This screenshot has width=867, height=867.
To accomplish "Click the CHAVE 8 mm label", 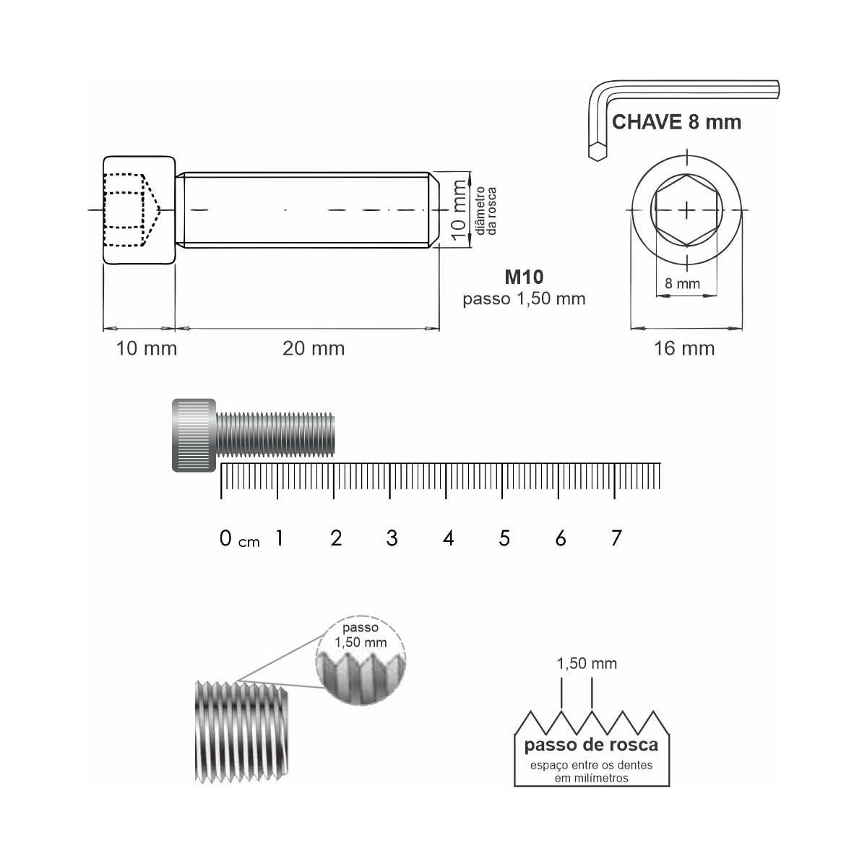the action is pos(676,122).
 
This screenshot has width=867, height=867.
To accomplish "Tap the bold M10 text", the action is pos(524,277).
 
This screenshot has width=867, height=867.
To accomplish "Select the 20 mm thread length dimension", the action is pos(314,349).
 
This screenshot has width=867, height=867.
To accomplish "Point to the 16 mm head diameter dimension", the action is pos(684,349).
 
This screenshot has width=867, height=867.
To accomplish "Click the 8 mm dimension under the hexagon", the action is pos(683,283).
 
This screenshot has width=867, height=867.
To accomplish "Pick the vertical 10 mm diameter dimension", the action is pos(459,210).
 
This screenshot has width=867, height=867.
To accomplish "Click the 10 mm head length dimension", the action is pos(147,349).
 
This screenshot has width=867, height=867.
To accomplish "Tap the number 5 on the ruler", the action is pos(504,538).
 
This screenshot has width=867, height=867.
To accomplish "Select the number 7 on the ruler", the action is pos(616,538).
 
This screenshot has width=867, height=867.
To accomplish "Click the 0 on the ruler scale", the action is pos(225,538).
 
